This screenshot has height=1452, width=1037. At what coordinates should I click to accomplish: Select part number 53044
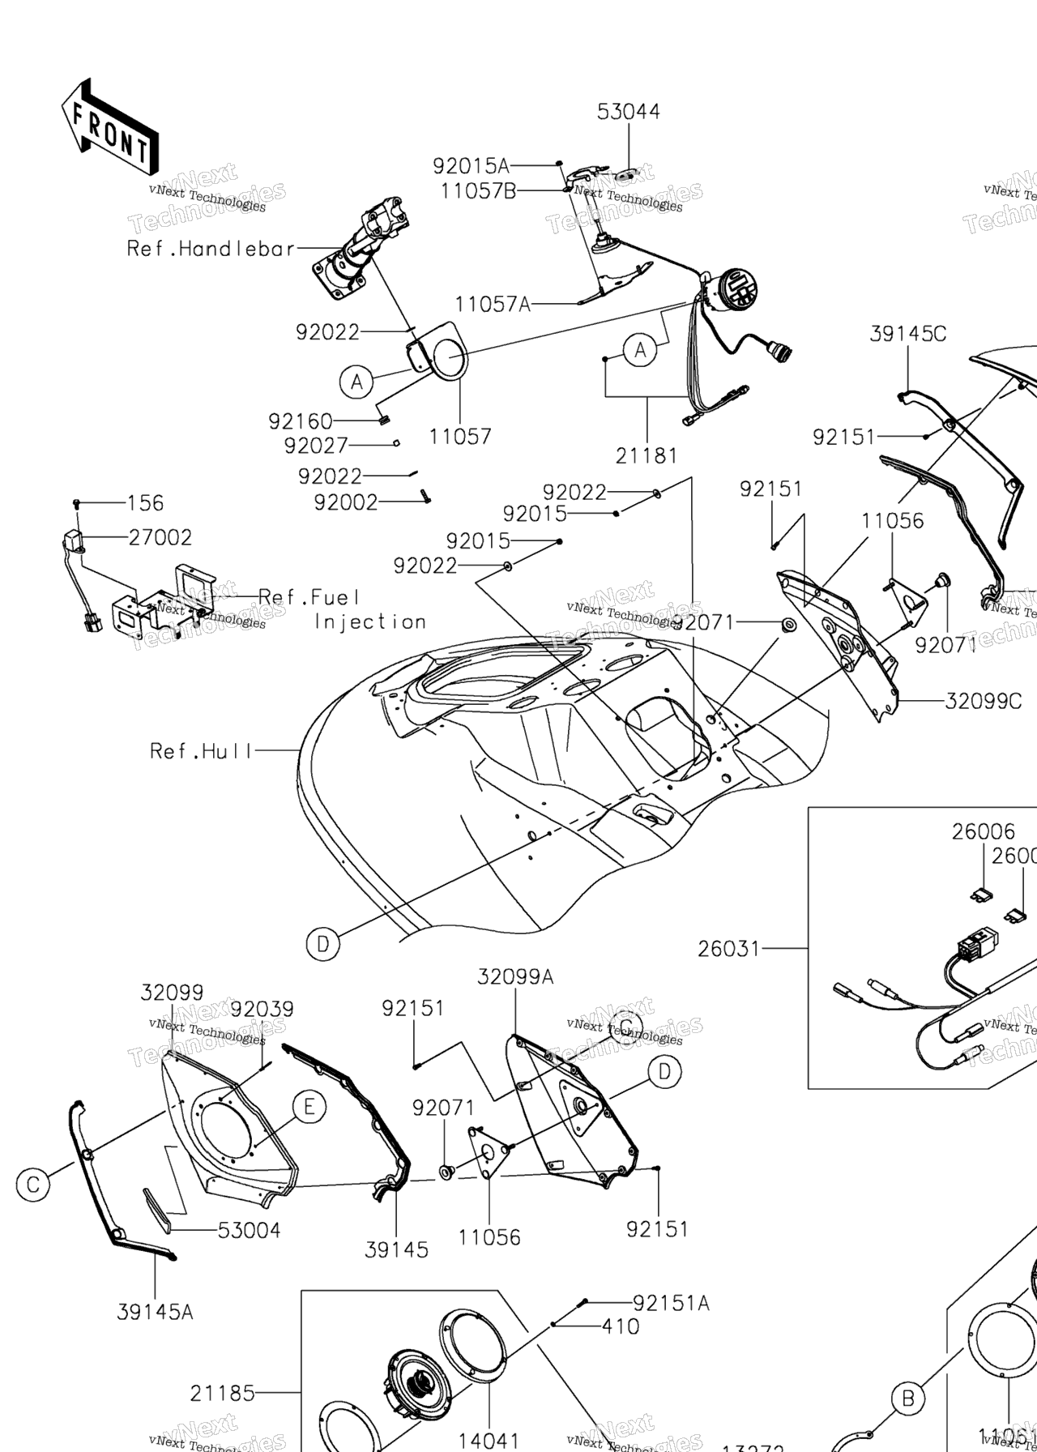tap(629, 112)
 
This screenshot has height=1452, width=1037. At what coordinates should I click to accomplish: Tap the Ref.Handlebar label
tap(211, 249)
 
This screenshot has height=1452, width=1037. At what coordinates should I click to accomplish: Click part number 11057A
tap(493, 305)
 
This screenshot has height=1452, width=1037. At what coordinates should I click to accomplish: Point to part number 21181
tap(647, 456)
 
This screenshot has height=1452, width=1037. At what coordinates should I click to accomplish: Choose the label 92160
tap(301, 421)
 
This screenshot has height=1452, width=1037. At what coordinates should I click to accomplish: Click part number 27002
tap(160, 537)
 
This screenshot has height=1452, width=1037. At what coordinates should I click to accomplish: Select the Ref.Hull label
tap(202, 751)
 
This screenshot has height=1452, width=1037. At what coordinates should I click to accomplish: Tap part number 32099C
tap(983, 701)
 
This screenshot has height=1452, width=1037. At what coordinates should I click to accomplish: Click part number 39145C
tap(908, 334)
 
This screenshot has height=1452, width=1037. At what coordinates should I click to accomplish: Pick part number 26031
tap(729, 947)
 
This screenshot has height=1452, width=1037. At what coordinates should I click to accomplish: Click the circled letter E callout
tap(309, 1106)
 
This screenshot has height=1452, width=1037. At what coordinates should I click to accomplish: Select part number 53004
tap(249, 1230)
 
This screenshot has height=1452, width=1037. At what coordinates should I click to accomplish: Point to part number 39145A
tap(155, 1312)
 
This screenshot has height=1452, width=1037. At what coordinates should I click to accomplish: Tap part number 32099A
tap(515, 977)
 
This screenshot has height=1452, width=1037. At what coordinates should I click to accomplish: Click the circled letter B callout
tap(908, 1398)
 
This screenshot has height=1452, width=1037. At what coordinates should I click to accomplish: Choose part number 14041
tap(489, 1440)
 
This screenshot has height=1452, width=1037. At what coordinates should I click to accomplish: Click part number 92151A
tap(670, 1303)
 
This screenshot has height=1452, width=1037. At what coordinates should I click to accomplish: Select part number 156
tap(145, 503)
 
